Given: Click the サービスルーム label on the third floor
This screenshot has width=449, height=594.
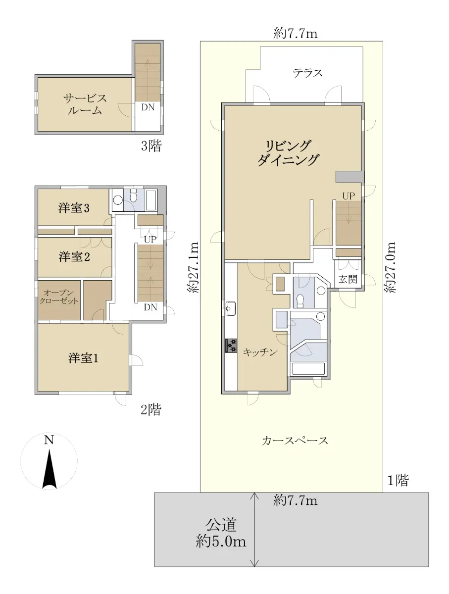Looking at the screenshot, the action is pyautogui.click(x=85, y=104).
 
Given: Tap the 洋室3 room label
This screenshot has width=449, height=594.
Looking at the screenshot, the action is pyautogui.click(x=74, y=208).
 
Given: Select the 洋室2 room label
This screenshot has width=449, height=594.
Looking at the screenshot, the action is pyautogui.click(x=74, y=256).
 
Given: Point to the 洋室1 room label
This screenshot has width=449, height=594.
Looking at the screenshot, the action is pyautogui.click(x=83, y=358).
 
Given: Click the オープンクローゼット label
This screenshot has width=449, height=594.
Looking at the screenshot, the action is pyautogui.click(x=59, y=297).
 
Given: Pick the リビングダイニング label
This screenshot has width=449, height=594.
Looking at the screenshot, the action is pyautogui.click(x=288, y=152).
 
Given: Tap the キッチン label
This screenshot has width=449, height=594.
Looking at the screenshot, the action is pyautogui.click(x=260, y=352).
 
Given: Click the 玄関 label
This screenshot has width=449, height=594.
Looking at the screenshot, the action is pyautogui.click(x=348, y=279).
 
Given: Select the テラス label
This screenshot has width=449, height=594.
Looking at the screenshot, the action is pyautogui.click(x=308, y=73).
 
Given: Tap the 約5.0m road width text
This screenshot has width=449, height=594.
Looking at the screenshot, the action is pyautogui.click(x=221, y=542).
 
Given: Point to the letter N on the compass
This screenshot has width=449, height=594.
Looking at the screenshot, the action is pyautogui.click(x=49, y=440).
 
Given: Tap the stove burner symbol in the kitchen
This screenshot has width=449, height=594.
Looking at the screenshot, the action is pyautogui.click(x=231, y=346).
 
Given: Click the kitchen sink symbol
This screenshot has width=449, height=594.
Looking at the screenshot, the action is pyautogui.click(x=231, y=308).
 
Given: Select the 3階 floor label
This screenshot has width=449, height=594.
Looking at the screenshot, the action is pyautogui.click(x=151, y=146).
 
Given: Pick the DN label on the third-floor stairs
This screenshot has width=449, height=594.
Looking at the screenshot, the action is pyautogui.click(x=148, y=107).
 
